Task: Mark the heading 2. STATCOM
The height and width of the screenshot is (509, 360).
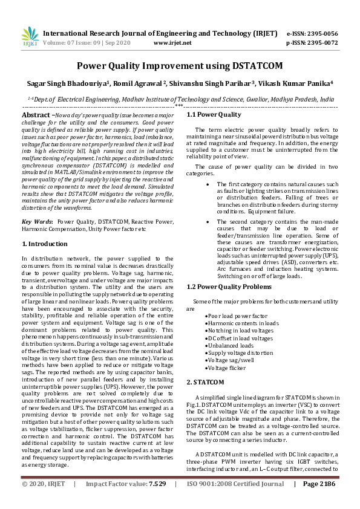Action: pos(206,382)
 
